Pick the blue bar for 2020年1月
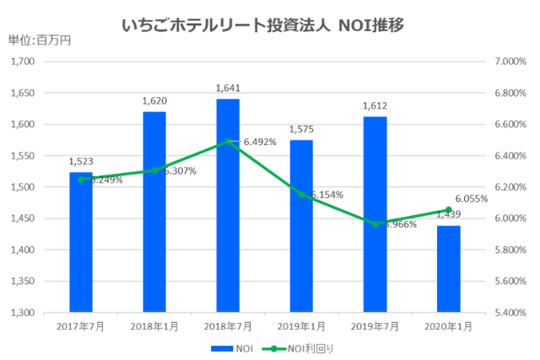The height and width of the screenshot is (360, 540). coord(448,269)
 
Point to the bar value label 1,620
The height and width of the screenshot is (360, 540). coord(154,101)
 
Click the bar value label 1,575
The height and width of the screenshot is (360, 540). coord(301,129)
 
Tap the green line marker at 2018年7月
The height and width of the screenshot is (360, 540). coord(228,142)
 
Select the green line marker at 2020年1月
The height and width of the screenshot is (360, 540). coord(448,210)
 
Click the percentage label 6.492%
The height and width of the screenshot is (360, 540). coord(260,142)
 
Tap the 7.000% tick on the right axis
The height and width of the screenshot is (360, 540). coord(510,62)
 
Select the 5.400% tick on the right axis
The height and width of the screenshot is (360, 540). coord(510,313)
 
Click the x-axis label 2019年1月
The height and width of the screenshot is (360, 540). coord(301,325)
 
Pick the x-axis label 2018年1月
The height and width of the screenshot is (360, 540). coord(154,325)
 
